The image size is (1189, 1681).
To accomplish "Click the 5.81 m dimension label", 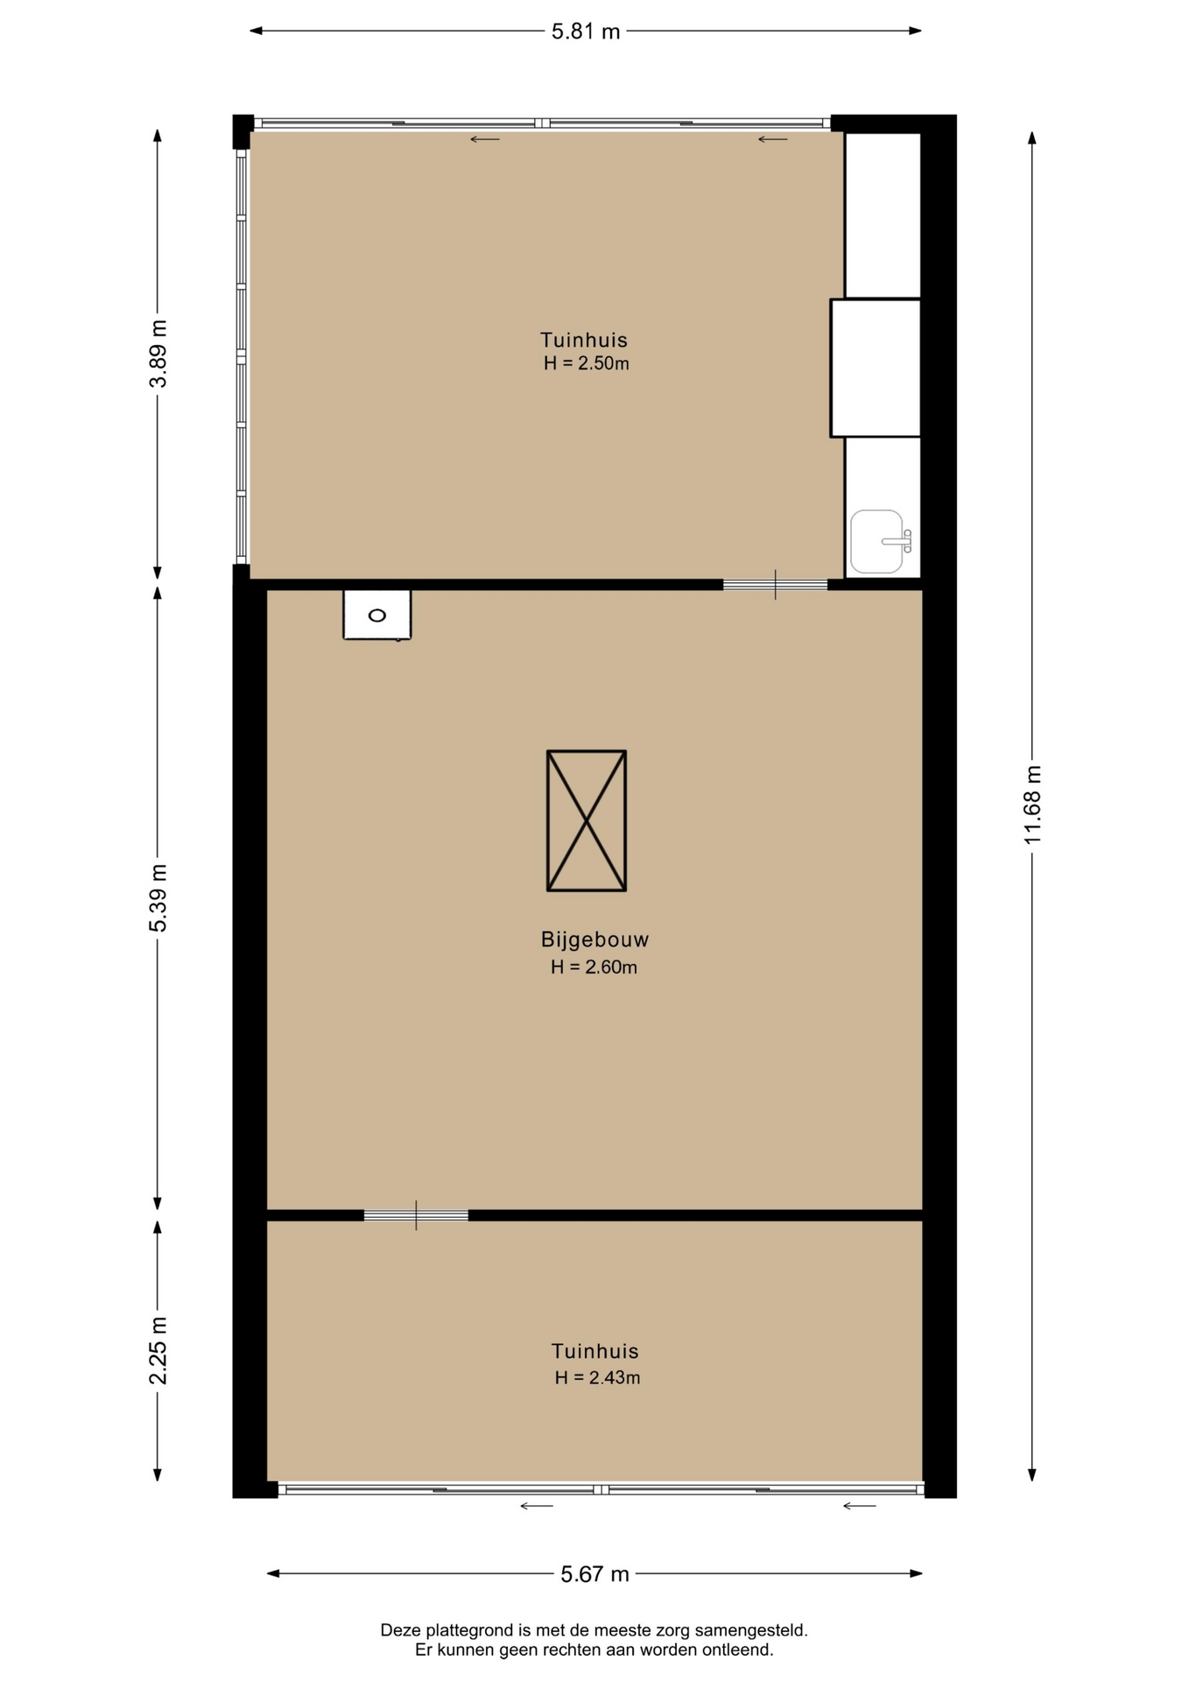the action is tap(585, 32).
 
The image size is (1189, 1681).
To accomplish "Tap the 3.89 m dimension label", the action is tap(158, 354).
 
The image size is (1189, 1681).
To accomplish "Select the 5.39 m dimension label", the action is tap(158, 898).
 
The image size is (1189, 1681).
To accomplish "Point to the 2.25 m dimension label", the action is tap(158, 1350).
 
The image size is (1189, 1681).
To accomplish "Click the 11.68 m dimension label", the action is tap(1033, 805).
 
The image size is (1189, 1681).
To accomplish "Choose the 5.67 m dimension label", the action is tap(594, 1574).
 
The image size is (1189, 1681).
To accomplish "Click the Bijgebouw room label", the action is tap(594, 940).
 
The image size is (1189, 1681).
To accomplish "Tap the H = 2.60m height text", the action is tap(594, 967).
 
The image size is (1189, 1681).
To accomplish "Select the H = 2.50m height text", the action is tap(586, 363).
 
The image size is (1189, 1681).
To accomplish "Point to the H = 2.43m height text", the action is tap(597, 1377).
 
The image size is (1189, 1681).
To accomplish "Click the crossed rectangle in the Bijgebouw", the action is tap(587, 820).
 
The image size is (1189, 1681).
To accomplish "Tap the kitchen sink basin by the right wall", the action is tap(878, 541).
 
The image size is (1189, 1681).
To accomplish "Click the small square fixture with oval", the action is tap(376, 615).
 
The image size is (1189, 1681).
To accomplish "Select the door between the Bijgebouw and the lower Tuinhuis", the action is tap(416, 1215).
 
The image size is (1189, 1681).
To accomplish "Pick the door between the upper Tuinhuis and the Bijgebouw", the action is tap(775, 584).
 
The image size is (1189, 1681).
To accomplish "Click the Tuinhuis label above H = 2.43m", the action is tap(594, 1351).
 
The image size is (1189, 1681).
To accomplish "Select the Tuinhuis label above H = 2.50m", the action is tap(584, 340).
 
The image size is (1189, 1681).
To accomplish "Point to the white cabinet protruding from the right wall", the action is tap(875, 368).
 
